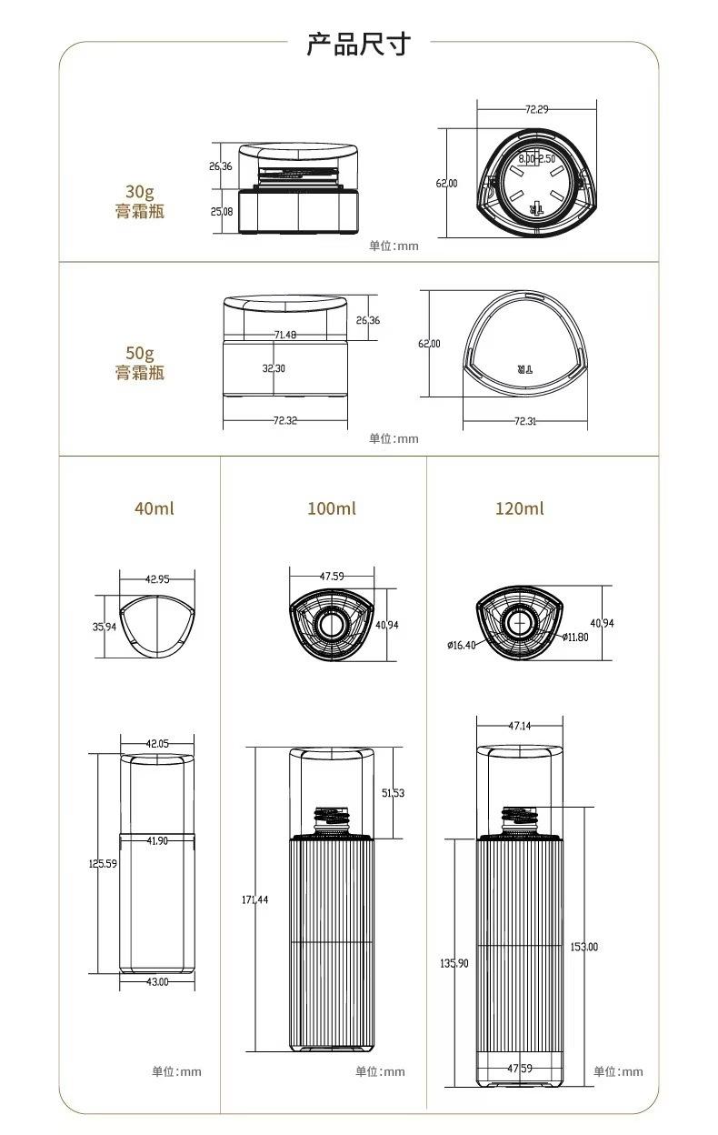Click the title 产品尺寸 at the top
point(358,44)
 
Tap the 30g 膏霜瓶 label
point(140,201)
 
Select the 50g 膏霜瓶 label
point(140,363)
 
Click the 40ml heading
point(155,508)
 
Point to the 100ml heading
point(332,508)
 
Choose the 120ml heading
point(520,508)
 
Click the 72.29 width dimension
point(537,109)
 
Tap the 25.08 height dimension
point(222,212)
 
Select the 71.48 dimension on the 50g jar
point(285,335)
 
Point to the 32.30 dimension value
point(274,368)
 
